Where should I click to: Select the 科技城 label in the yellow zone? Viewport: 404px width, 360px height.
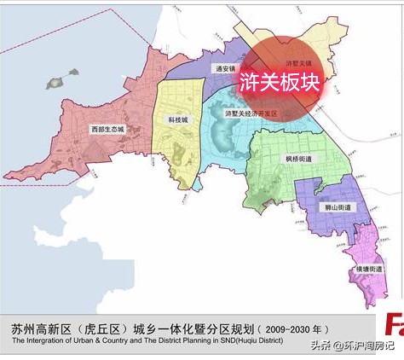(x=177, y=121)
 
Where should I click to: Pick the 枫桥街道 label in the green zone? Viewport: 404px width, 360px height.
(x=298, y=159)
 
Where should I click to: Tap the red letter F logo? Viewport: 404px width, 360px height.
(x=394, y=326)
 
